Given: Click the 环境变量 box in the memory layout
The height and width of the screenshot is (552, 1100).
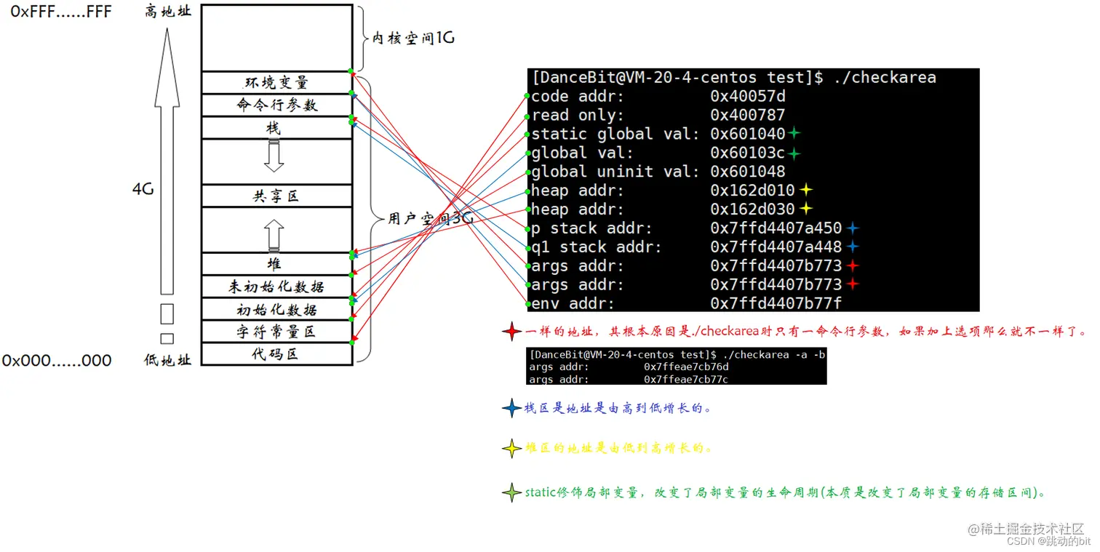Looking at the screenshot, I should (276, 82).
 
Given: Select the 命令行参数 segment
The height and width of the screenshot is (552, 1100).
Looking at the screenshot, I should (276, 105).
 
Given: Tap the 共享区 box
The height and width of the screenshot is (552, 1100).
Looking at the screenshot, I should (276, 196).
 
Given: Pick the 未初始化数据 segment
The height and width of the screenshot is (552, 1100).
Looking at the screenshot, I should (276, 287).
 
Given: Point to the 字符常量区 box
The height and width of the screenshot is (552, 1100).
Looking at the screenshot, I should (276, 332).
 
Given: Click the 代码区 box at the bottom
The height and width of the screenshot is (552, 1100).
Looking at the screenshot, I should (276, 354).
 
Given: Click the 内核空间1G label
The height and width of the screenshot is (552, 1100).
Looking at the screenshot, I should (413, 38).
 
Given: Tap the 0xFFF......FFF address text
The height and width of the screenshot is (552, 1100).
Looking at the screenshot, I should (61, 12).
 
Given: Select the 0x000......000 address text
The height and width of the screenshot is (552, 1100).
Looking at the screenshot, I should (57, 361).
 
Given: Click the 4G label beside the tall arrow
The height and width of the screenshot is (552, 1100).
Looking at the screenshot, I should (142, 189).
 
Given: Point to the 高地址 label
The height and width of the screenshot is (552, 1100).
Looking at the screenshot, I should (168, 12).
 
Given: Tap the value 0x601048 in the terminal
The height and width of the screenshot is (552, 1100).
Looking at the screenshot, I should (748, 172).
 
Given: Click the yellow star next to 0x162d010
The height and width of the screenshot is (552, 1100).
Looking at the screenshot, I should (805, 191).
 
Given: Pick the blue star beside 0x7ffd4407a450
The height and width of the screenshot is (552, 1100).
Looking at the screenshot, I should (853, 228).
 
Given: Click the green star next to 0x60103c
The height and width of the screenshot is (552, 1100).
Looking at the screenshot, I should (794, 153).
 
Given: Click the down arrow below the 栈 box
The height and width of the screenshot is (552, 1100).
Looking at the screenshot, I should (274, 156).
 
